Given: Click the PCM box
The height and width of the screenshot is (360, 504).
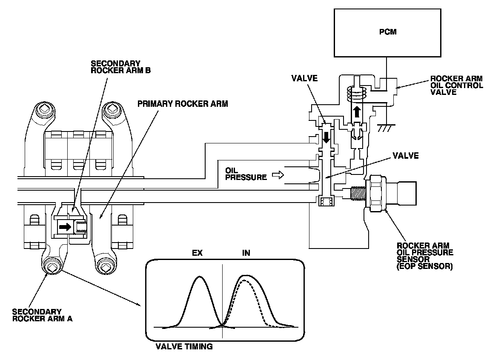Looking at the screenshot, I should (x=387, y=32).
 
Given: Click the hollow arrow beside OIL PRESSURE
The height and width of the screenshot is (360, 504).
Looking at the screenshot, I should (x=277, y=174).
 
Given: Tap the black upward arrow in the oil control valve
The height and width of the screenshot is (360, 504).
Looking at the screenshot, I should (x=357, y=113).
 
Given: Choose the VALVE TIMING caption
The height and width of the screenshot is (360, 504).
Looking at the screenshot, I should (x=184, y=346).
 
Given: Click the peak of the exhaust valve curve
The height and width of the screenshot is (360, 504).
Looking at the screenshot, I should (x=199, y=277).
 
